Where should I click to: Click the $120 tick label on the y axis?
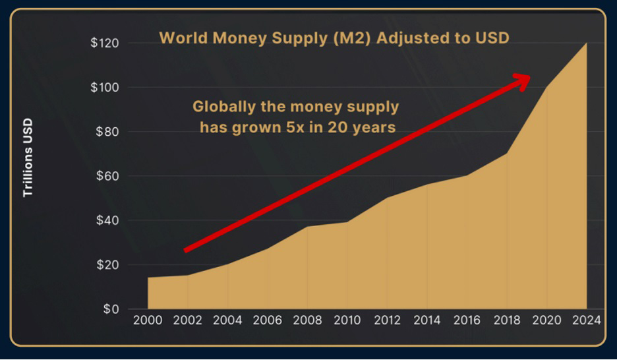[x=104, y=44]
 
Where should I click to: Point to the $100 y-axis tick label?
[x=104, y=88]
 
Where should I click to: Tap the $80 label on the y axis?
[x=107, y=132]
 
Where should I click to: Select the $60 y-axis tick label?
[x=107, y=176]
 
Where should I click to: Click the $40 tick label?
[x=107, y=220]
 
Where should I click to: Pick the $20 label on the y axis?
[x=107, y=265]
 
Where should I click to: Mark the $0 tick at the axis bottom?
[x=110, y=309]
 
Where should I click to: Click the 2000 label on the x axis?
[x=147, y=321]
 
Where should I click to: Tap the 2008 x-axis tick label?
[x=308, y=321]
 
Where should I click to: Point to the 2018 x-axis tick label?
[x=506, y=321]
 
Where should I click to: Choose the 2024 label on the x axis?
[x=587, y=321]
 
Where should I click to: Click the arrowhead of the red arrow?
[x=523, y=80]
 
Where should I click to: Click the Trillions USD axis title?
[x=28, y=158]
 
